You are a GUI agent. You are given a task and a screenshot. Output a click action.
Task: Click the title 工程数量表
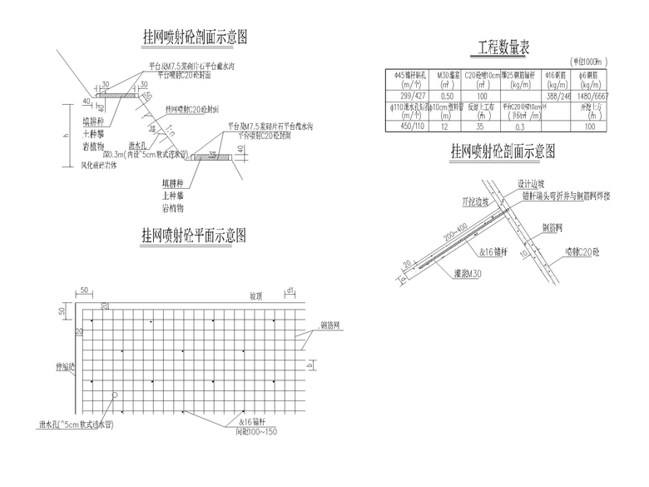[x=504, y=47]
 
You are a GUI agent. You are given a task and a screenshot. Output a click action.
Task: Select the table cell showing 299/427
[x=409, y=97]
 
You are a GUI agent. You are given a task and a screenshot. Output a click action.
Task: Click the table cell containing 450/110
[x=409, y=127]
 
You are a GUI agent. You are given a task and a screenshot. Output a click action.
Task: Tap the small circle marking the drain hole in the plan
[x=116, y=395]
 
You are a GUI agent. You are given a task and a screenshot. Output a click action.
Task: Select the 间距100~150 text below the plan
[x=256, y=432]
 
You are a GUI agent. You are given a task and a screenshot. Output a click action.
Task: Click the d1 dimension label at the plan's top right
[x=291, y=291]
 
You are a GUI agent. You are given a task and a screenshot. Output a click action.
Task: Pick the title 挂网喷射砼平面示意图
[x=194, y=236]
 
